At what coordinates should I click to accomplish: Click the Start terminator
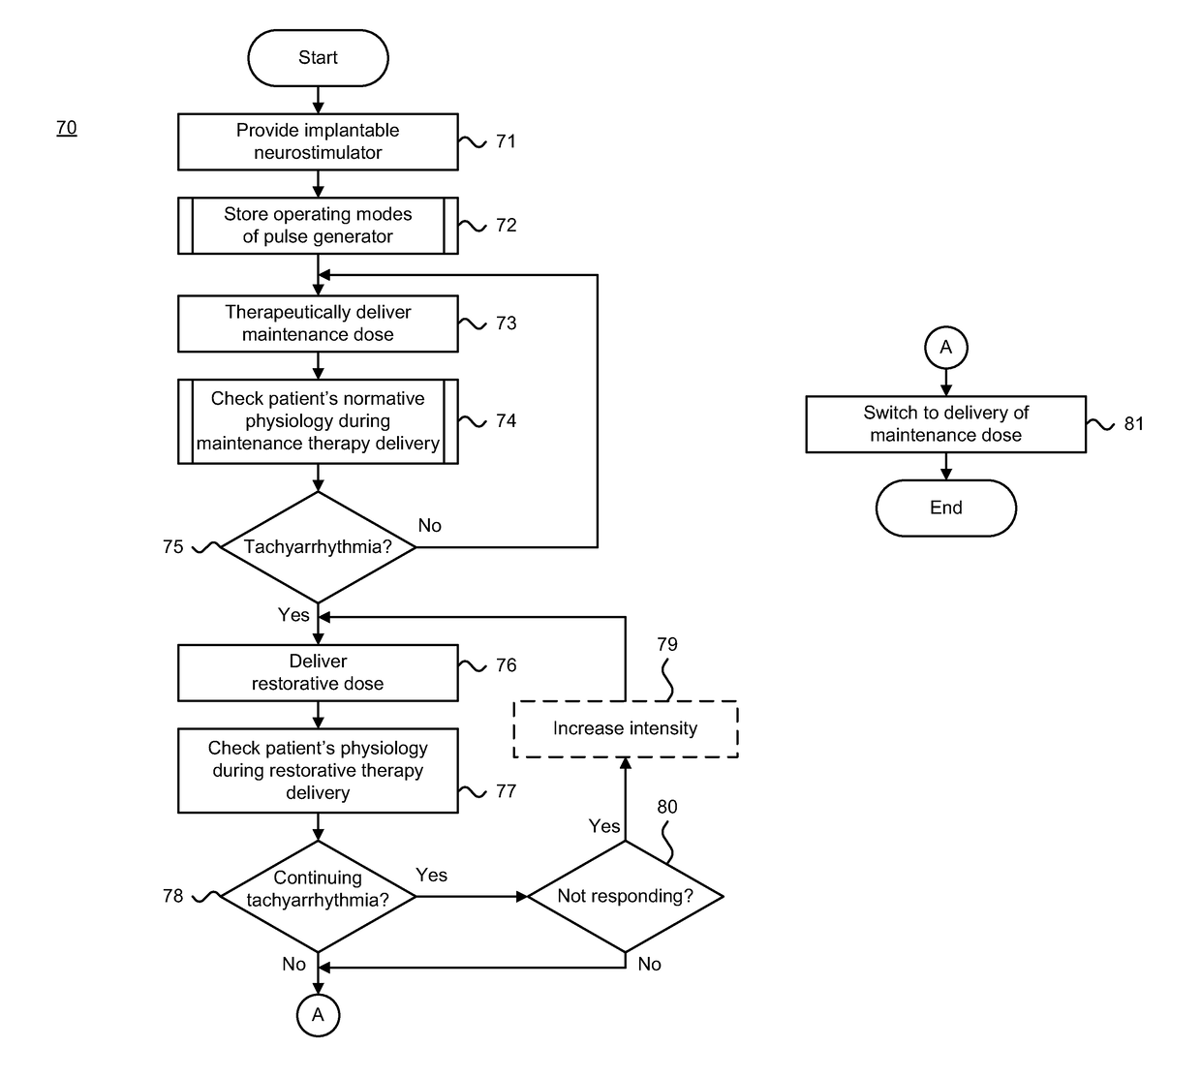click(x=318, y=58)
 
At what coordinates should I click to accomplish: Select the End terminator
click(x=945, y=508)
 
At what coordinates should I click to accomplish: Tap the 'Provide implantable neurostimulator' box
click(x=318, y=141)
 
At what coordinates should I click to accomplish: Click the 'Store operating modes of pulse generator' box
click(x=318, y=226)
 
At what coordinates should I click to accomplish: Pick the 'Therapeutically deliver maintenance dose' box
click(x=318, y=323)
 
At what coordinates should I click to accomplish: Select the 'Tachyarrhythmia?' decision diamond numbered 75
click(x=318, y=546)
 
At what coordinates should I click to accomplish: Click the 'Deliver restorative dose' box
click(x=318, y=673)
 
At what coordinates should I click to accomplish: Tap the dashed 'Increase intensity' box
click(x=626, y=728)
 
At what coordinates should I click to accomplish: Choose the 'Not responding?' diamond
click(x=626, y=896)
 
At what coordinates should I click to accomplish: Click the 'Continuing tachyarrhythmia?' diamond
click(x=318, y=896)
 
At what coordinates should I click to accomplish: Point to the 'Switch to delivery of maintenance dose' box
click(x=945, y=424)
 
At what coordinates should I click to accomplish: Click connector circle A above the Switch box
click(x=945, y=348)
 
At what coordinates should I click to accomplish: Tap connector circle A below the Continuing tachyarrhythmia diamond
click(x=318, y=1015)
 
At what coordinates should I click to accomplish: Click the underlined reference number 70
click(x=67, y=128)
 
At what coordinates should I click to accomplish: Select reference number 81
click(x=1133, y=424)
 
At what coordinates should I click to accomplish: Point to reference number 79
click(x=667, y=644)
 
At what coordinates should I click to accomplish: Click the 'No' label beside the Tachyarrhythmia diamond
click(x=429, y=526)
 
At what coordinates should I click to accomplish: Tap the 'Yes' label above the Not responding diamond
click(x=604, y=826)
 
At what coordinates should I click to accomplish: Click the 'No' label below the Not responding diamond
click(x=649, y=964)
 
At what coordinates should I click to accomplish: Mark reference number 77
click(x=506, y=791)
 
